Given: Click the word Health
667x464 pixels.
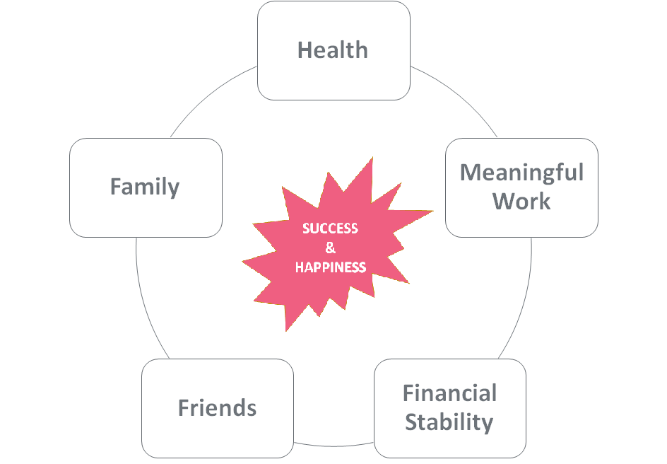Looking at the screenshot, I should [x=333, y=50].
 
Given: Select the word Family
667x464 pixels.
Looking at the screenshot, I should [x=145, y=187].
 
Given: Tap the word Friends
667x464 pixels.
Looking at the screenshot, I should [x=217, y=408].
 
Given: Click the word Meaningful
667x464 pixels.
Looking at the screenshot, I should [x=521, y=173].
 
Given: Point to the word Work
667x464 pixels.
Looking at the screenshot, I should [x=521, y=202].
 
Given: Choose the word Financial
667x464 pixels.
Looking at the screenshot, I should [x=449, y=393].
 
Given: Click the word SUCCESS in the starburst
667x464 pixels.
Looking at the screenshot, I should [x=330, y=228].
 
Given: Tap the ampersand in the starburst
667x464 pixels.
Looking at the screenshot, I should [x=330, y=248].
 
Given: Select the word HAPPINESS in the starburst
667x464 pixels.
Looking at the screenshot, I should [x=330, y=267].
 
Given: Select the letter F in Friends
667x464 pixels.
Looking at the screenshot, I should [x=184, y=408].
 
